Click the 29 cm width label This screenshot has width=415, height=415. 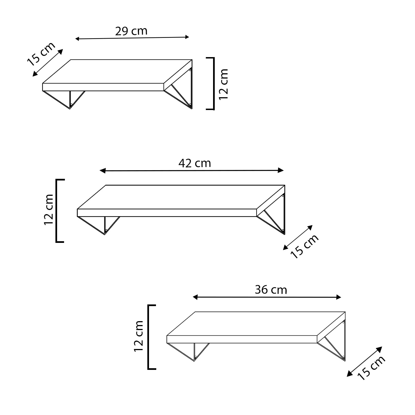[131, 31]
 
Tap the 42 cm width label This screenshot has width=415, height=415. [195, 163]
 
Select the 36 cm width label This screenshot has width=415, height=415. [271, 290]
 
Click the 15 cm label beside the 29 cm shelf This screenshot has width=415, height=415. [41, 54]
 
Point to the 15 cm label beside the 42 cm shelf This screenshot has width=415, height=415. [304, 246]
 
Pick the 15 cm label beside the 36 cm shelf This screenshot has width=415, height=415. [371, 368]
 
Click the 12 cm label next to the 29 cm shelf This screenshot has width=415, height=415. [224, 84]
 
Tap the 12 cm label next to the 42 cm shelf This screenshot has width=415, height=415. [49, 210]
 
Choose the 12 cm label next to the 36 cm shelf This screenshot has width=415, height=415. [138, 336]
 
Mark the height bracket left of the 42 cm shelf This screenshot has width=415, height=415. [57, 211]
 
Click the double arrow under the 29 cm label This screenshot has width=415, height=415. [132, 38]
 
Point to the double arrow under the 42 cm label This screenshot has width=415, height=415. [192, 170]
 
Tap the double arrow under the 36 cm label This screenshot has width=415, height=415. [267, 297]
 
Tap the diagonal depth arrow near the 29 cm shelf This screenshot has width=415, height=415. [48, 63]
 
